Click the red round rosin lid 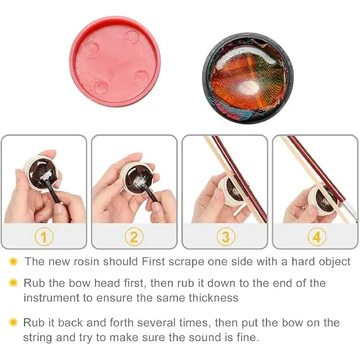pyautogui.click(x=115, y=62)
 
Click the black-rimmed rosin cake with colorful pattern pyautogui.click(x=248, y=79)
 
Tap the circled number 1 pyautogui.click(x=44, y=237)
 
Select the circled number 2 pyautogui.click(x=135, y=237)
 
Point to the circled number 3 pyautogui.click(x=226, y=237)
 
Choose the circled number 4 pyautogui.click(x=316, y=237)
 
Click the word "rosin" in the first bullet pyautogui.click(x=87, y=261)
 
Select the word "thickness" pyautogui.click(x=213, y=297)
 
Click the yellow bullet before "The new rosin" pyautogui.click(x=13, y=261)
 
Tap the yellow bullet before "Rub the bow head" pyautogui.click(x=13, y=282)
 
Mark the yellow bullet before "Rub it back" pyautogui.click(x=13, y=322)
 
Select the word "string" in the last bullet pyautogui.click(x=37, y=338)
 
